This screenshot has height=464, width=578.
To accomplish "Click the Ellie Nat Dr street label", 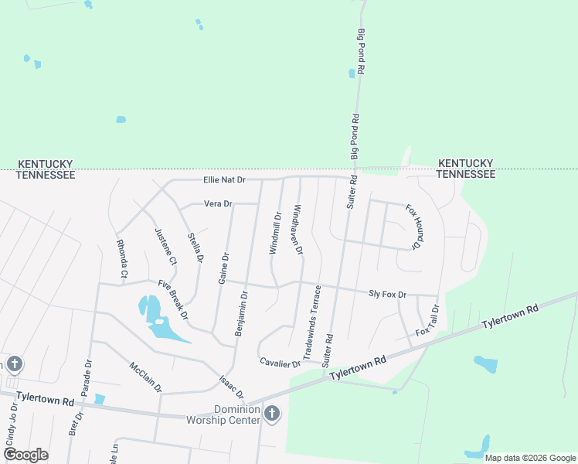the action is tap(224, 180).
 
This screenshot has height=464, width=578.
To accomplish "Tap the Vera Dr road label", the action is tap(218, 204).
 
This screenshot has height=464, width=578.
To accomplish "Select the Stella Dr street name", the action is tap(195, 248).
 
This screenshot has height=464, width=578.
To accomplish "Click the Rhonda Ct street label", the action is tap(122, 259).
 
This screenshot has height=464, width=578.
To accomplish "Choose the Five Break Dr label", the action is tap(174, 300).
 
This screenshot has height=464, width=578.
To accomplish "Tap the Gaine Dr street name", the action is tap(223, 268).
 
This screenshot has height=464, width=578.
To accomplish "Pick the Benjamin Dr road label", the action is tap(241, 312).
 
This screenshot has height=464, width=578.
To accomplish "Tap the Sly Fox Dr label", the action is tap(387, 294).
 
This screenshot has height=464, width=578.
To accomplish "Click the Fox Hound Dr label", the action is tap(412, 228).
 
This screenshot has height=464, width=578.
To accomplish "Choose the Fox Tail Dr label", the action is tap(427, 320).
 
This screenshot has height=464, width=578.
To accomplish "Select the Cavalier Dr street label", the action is tap(280, 362).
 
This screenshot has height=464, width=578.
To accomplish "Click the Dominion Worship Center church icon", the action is tap(271, 414).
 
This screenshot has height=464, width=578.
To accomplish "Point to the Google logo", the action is tap(26, 455).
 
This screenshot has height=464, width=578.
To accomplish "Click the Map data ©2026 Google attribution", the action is tap(529, 458).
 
